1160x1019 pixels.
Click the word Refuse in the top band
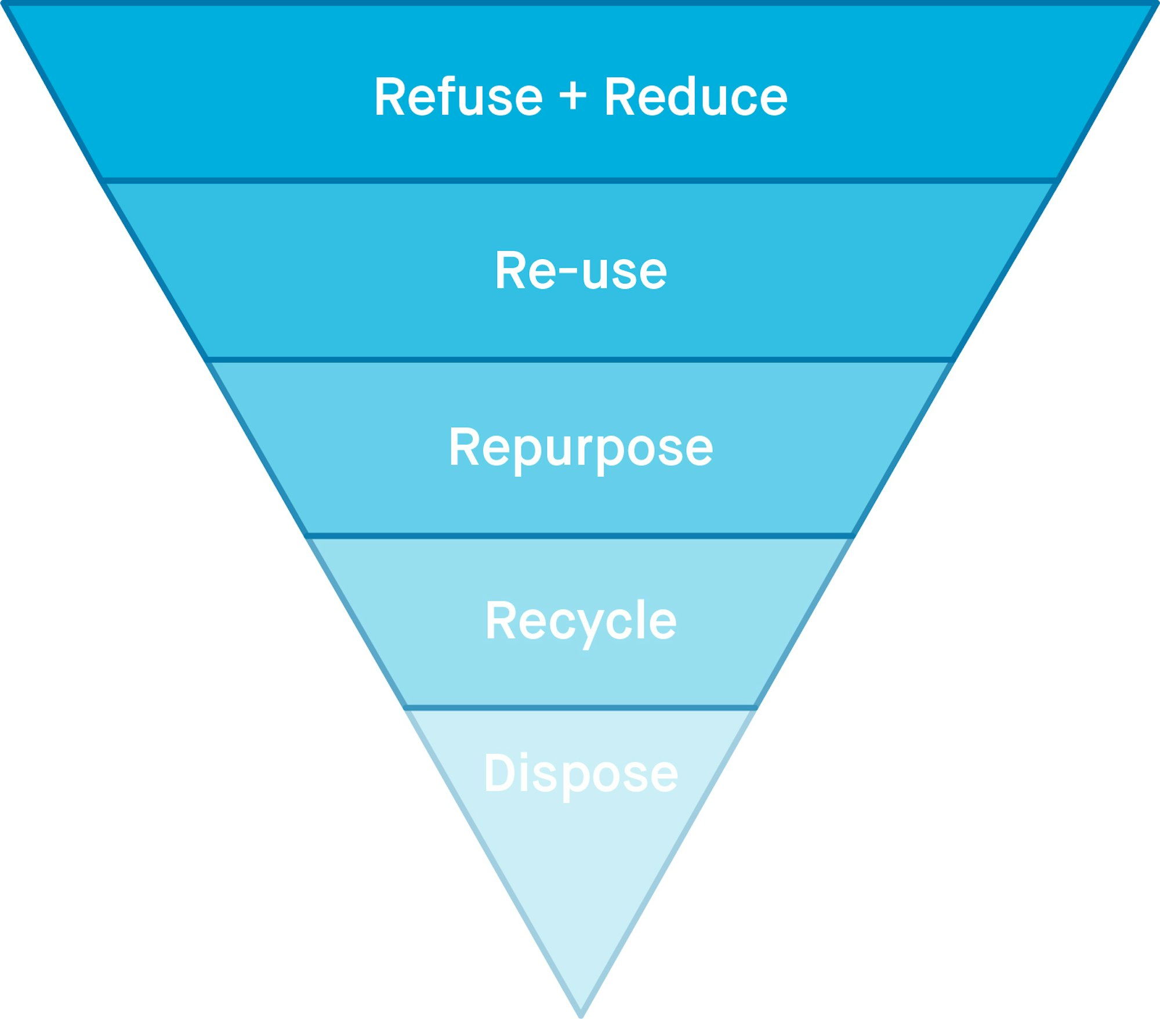[458, 97]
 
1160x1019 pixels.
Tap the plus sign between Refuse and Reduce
[573, 96]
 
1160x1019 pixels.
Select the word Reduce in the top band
[695, 97]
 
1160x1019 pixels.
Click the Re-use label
[581, 270]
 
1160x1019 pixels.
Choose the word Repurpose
[581, 447]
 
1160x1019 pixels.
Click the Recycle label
[581, 621]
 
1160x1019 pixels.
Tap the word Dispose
[581, 773]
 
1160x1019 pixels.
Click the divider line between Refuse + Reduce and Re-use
[580, 180]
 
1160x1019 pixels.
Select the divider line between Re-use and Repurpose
[580, 360]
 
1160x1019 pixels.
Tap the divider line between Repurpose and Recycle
[580, 536]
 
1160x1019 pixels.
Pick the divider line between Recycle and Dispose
[580, 707]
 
